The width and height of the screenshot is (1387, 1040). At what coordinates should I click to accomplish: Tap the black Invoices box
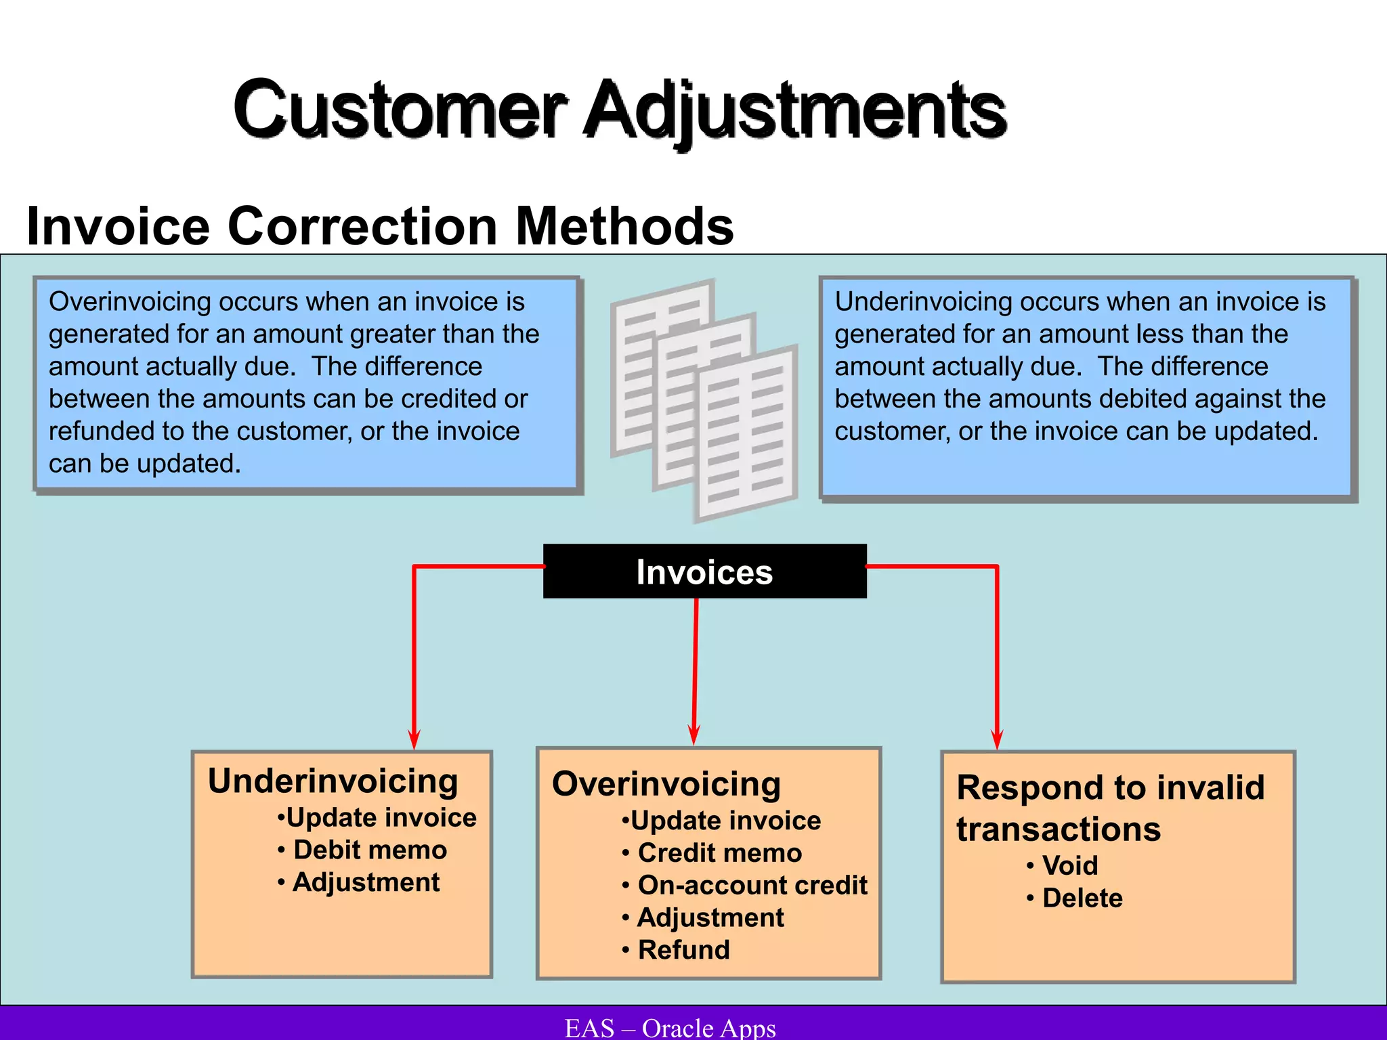click(704, 571)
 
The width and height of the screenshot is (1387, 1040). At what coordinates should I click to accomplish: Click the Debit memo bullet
click(370, 850)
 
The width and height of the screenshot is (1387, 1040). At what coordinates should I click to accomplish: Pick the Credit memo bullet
click(719, 852)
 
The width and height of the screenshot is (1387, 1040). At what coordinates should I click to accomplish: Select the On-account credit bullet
click(752, 885)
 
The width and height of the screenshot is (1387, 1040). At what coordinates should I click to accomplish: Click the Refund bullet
click(683, 950)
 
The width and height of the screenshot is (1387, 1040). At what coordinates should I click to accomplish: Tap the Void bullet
click(1069, 865)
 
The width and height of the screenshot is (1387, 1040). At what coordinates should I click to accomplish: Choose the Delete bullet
click(1082, 898)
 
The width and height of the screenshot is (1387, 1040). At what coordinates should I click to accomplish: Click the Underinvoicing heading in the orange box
click(333, 781)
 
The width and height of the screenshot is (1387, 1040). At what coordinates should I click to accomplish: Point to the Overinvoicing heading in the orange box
click(666, 784)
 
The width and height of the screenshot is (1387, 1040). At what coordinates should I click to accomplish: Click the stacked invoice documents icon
click(704, 399)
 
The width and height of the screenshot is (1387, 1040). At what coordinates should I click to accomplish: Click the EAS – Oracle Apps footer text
click(670, 1028)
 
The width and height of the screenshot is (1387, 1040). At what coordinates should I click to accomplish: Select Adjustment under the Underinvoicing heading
click(366, 882)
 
